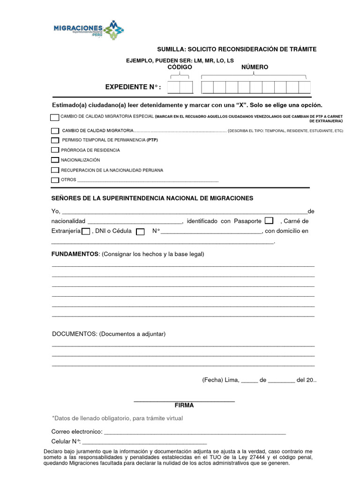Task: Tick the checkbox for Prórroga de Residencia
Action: click(x=55, y=150)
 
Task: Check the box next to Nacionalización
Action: click(x=55, y=160)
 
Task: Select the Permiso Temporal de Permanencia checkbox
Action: click(x=55, y=140)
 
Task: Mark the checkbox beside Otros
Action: click(x=55, y=180)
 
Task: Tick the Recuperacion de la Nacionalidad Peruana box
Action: click(x=55, y=170)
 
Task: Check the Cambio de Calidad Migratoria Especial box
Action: click(x=55, y=117)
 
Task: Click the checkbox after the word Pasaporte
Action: click(x=269, y=221)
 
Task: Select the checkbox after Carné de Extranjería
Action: click(x=86, y=231)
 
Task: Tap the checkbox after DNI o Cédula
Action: click(x=140, y=231)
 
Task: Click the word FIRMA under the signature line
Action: click(x=184, y=405)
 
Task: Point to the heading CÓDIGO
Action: click(x=180, y=67)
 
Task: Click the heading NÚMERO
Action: click(x=255, y=67)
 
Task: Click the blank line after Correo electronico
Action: click(x=195, y=431)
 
